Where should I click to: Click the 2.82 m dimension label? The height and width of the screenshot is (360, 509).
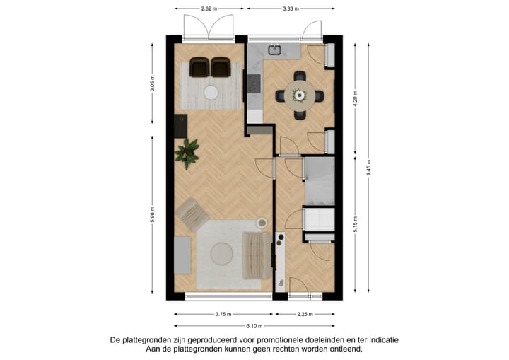pyautogui.click(x=208, y=9)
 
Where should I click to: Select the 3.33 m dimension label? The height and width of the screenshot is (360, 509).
pyautogui.click(x=290, y=9)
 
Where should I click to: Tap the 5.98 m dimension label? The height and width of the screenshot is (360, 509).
pyautogui.click(x=152, y=216)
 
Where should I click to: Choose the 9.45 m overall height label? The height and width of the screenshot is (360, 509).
pyautogui.click(x=369, y=167)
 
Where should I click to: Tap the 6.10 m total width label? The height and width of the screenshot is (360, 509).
pyautogui.click(x=254, y=326)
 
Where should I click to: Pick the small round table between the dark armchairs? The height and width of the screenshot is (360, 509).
pyautogui.click(x=211, y=91)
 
